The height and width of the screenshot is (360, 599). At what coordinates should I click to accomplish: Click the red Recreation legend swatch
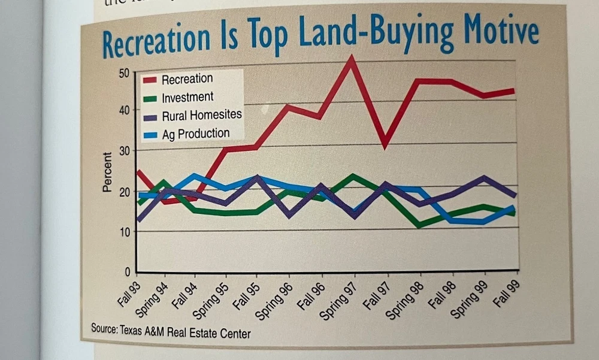(150, 79)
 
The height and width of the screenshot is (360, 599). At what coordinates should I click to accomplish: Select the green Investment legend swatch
(150, 97)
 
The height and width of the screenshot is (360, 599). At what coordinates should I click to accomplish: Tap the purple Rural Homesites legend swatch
(150, 116)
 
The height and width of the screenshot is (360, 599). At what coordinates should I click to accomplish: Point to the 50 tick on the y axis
(124, 73)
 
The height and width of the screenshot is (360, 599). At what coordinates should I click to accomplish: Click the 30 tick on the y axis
(123, 151)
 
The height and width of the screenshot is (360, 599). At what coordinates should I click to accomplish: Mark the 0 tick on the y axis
(127, 271)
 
